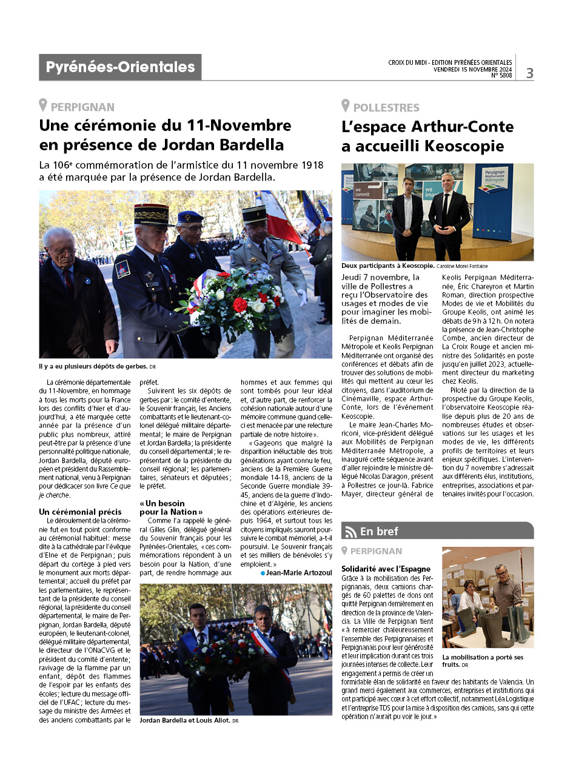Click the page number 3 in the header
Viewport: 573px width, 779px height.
(529, 73)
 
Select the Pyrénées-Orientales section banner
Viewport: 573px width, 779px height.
(120, 67)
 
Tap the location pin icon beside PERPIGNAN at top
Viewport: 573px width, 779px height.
(43, 105)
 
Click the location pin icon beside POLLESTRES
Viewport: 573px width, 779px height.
(345, 106)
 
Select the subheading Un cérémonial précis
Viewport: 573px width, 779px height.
(80, 512)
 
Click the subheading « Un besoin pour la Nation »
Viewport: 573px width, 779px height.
(171, 507)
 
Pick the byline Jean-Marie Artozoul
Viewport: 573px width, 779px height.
(297, 573)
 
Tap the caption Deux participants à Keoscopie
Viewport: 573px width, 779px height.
(387, 266)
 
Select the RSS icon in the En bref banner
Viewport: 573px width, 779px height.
(350, 532)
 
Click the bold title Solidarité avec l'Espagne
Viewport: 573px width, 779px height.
(386, 569)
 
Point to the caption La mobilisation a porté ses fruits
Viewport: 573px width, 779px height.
(483, 661)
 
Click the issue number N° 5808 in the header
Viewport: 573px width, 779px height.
(501, 76)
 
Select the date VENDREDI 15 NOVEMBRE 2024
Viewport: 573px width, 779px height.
(472, 69)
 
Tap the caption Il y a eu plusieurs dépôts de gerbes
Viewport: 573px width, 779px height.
(90, 366)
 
